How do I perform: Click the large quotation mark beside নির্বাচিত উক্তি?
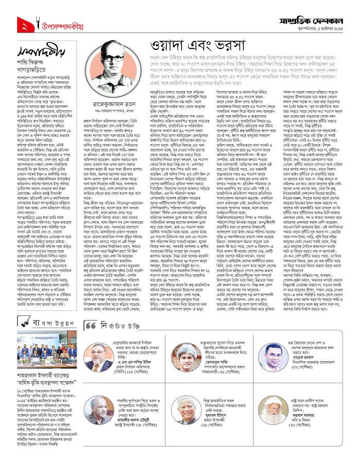pos(89,326)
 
